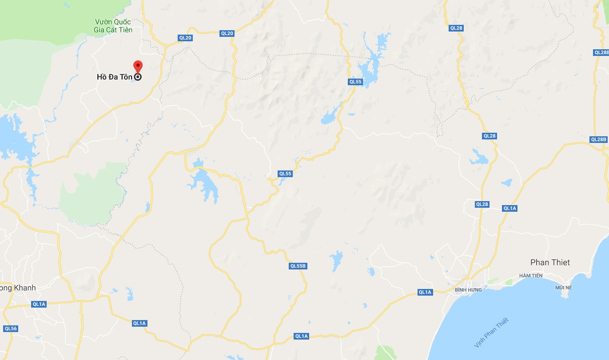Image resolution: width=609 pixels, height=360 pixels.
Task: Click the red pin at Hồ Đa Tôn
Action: tap(138, 66)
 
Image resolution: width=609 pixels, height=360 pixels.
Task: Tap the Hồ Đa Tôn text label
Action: tap(114, 77)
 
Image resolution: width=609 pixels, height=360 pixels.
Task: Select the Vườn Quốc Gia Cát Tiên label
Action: tap(114, 26)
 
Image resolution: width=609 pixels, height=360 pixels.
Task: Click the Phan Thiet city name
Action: tap(550, 262)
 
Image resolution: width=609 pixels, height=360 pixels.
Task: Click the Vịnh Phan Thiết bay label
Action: tap(491, 333)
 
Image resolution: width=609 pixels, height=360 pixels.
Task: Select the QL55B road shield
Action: tap(298, 266)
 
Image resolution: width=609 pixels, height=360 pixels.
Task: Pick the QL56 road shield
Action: tap(10, 328)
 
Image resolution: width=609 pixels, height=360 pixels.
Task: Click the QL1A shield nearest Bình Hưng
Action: tap(425, 292)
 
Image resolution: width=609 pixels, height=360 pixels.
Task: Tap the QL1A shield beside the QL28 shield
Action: tap(510, 208)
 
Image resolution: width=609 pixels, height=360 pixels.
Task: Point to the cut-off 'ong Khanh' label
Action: tap(18, 288)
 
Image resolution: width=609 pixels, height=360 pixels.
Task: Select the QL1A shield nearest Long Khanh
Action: tap(39, 304)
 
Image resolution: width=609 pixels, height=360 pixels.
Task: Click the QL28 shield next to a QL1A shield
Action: tap(482, 204)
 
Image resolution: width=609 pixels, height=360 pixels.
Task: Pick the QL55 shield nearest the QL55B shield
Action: tap(285, 174)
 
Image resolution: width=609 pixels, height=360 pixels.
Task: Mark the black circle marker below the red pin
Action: tap(138, 77)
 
